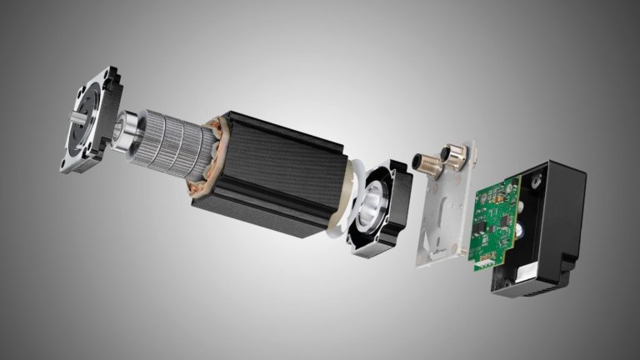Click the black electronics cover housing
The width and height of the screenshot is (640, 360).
click(x=550, y=225)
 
